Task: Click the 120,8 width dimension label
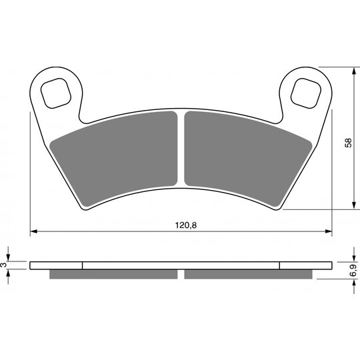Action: click(186, 225)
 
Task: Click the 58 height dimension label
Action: click(349, 143)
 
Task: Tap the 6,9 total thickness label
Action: click(354, 270)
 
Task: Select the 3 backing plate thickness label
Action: click(3, 265)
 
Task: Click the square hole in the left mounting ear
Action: click(56, 93)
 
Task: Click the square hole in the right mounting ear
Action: click(305, 93)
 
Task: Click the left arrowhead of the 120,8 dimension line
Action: click(33, 231)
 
